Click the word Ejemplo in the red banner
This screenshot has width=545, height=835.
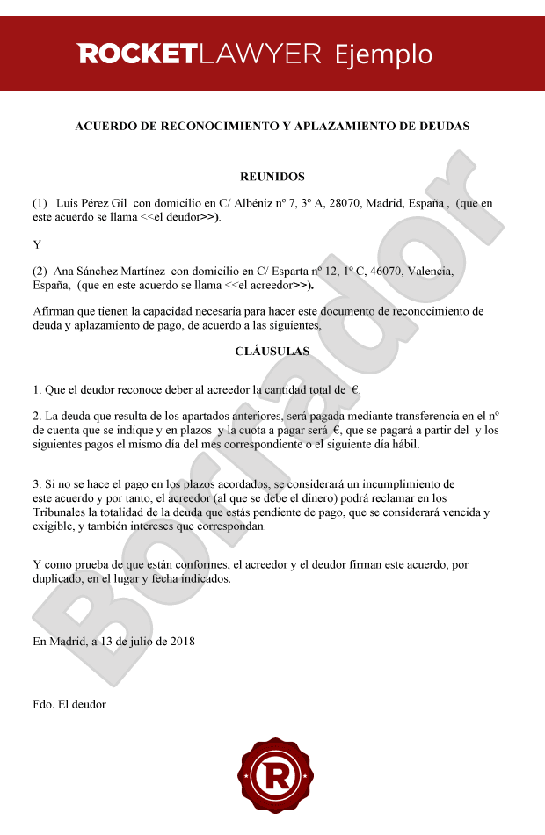point(383,54)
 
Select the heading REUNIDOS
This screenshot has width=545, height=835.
point(272,177)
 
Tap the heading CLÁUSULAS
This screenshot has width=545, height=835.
point(272,351)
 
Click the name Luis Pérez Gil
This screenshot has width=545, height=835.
point(91,203)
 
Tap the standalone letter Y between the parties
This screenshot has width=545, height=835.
point(37,244)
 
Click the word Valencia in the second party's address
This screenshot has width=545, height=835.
point(431,272)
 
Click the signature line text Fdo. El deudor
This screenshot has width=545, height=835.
point(69,704)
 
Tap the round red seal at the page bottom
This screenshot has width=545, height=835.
point(272,776)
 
